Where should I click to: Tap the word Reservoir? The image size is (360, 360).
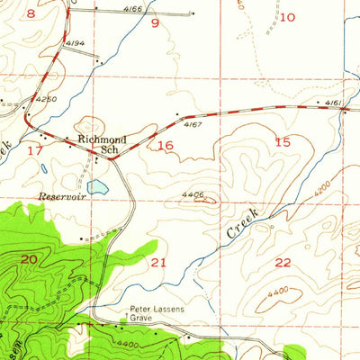(x=59, y=195)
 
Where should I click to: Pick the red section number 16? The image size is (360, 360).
(x=165, y=145)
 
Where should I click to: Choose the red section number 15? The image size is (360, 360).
(x=283, y=142)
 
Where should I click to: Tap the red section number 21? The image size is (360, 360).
(x=159, y=262)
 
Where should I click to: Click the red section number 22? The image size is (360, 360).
(x=283, y=262)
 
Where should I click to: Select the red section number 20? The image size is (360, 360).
(x=29, y=259)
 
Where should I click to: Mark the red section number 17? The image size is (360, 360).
(x=35, y=149)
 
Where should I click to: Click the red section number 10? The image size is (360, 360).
(x=287, y=17)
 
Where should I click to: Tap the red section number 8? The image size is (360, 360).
(x=31, y=13)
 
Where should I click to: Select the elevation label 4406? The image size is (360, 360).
(x=193, y=193)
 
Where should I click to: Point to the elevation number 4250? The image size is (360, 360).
(x=45, y=98)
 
